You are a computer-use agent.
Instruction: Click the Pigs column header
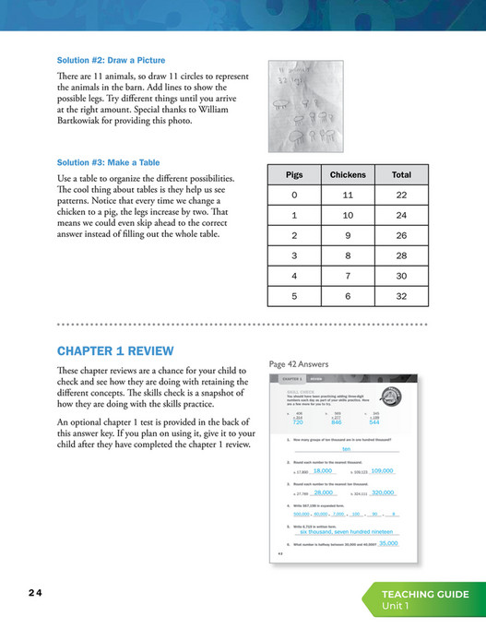point(293,174)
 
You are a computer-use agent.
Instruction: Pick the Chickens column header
point(348,174)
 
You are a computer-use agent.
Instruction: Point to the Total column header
point(401,174)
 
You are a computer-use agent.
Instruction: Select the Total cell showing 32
point(401,296)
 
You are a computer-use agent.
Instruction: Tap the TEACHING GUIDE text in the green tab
point(427,595)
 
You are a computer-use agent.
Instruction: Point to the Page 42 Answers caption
point(300,364)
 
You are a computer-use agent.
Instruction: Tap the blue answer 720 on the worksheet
point(298,421)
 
